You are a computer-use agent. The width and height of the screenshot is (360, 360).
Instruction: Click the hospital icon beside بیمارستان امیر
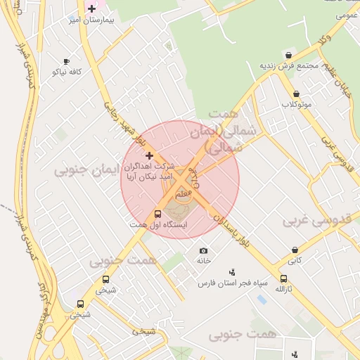pos(91,8)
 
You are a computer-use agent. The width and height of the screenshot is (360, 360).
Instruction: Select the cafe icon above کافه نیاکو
pos(67,62)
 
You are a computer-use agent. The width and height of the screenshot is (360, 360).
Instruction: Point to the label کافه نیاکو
pos(67,72)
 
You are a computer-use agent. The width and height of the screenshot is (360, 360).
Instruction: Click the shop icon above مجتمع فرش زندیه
pos(288,55)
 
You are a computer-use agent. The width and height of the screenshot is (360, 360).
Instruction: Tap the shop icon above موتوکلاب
pos(296,94)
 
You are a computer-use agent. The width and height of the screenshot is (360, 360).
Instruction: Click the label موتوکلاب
pos(297,104)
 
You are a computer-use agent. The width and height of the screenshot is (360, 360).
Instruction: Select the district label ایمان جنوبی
pos(89,169)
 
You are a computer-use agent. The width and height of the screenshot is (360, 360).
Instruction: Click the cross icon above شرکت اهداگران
pos(148,155)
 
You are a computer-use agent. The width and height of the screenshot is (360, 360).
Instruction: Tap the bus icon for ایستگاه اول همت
pos(157,214)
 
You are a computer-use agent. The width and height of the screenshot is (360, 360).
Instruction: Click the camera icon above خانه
pos(204,251)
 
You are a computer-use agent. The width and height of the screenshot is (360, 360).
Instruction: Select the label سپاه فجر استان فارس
pos(233,283)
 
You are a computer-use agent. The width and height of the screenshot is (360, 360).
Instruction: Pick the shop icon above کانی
pos(295,250)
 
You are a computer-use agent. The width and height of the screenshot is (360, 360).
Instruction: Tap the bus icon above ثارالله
pos(283,278)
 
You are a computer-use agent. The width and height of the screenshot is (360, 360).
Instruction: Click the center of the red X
pos(180,179)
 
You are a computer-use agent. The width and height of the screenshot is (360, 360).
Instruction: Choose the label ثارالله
pos(283,289)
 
